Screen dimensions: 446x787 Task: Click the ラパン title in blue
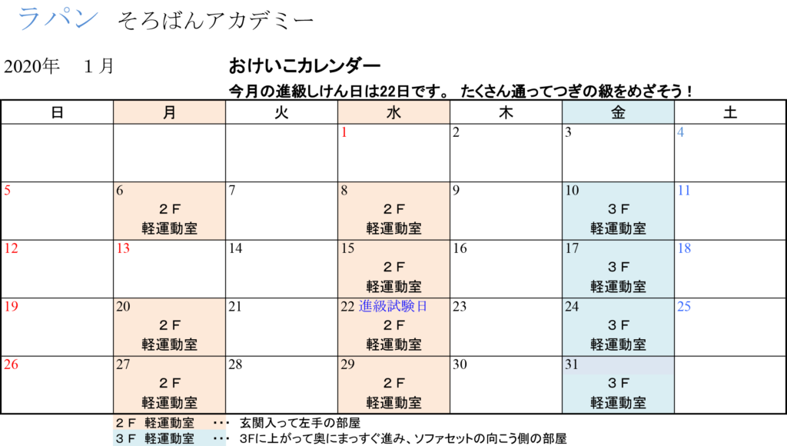click(58, 18)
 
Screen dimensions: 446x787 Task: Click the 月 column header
click(170, 112)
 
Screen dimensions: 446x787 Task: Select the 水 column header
click(393, 112)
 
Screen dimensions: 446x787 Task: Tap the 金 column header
click(619, 112)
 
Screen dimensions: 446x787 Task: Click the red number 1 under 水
click(344, 132)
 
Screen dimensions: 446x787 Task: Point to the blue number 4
click(680, 132)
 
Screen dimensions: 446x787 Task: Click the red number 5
click(7, 190)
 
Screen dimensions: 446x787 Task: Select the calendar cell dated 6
click(170, 211)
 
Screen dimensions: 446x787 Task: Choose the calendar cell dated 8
click(393, 211)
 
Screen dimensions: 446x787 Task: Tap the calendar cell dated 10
click(619, 211)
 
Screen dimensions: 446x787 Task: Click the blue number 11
click(684, 190)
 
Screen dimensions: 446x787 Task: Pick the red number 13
click(123, 248)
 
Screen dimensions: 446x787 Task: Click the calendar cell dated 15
click(393, 269)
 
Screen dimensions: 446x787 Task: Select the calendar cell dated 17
click(619, 269)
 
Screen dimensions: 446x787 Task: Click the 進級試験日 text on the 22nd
click(393, 306)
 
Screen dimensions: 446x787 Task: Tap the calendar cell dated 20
click(170, 327)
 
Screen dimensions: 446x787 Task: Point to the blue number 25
click(684, 306)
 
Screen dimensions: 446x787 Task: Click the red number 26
click(11, 364)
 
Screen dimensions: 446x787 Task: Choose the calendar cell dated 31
click(619, 384)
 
